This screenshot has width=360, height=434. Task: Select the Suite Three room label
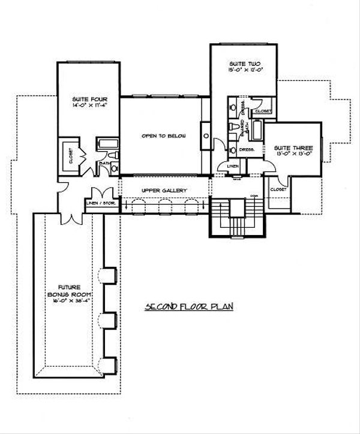(x=287, y=147)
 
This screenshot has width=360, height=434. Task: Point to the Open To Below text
(x=163, y=136)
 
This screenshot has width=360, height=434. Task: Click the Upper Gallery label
(x=164, y=191)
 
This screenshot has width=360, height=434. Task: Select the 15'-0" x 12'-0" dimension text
(x=244, y=70)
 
